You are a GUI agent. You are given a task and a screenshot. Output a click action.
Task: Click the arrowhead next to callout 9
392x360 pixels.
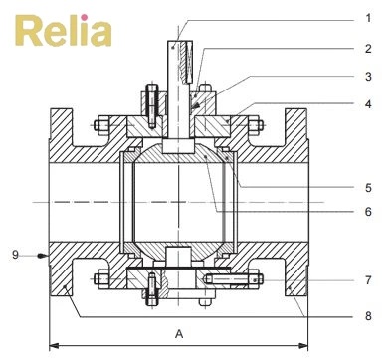tap(43, 256)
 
